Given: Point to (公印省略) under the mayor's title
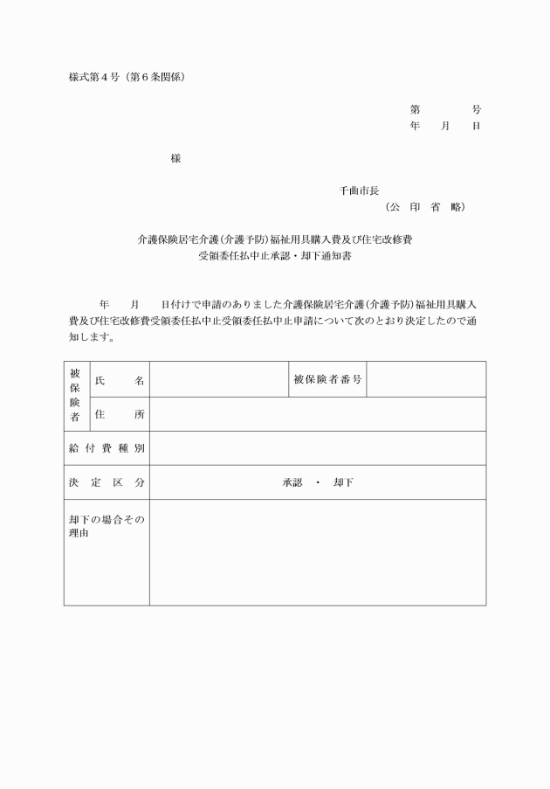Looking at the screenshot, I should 425,207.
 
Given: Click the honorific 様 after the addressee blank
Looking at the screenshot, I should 175,158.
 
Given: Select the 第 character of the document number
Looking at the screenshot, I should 415,110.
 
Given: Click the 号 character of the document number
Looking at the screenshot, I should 476,110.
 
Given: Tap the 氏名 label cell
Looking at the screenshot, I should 120,380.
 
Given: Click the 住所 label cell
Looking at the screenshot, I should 120,414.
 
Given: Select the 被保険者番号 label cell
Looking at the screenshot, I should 327,380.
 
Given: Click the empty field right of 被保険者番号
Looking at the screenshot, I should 426,380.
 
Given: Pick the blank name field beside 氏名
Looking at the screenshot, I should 218,380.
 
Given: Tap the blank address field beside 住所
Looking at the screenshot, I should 317,414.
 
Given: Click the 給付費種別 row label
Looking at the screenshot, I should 107,448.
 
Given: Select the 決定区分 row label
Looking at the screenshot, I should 107,482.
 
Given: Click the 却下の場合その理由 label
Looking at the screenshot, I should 107,526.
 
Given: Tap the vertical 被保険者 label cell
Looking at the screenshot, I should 76,396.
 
